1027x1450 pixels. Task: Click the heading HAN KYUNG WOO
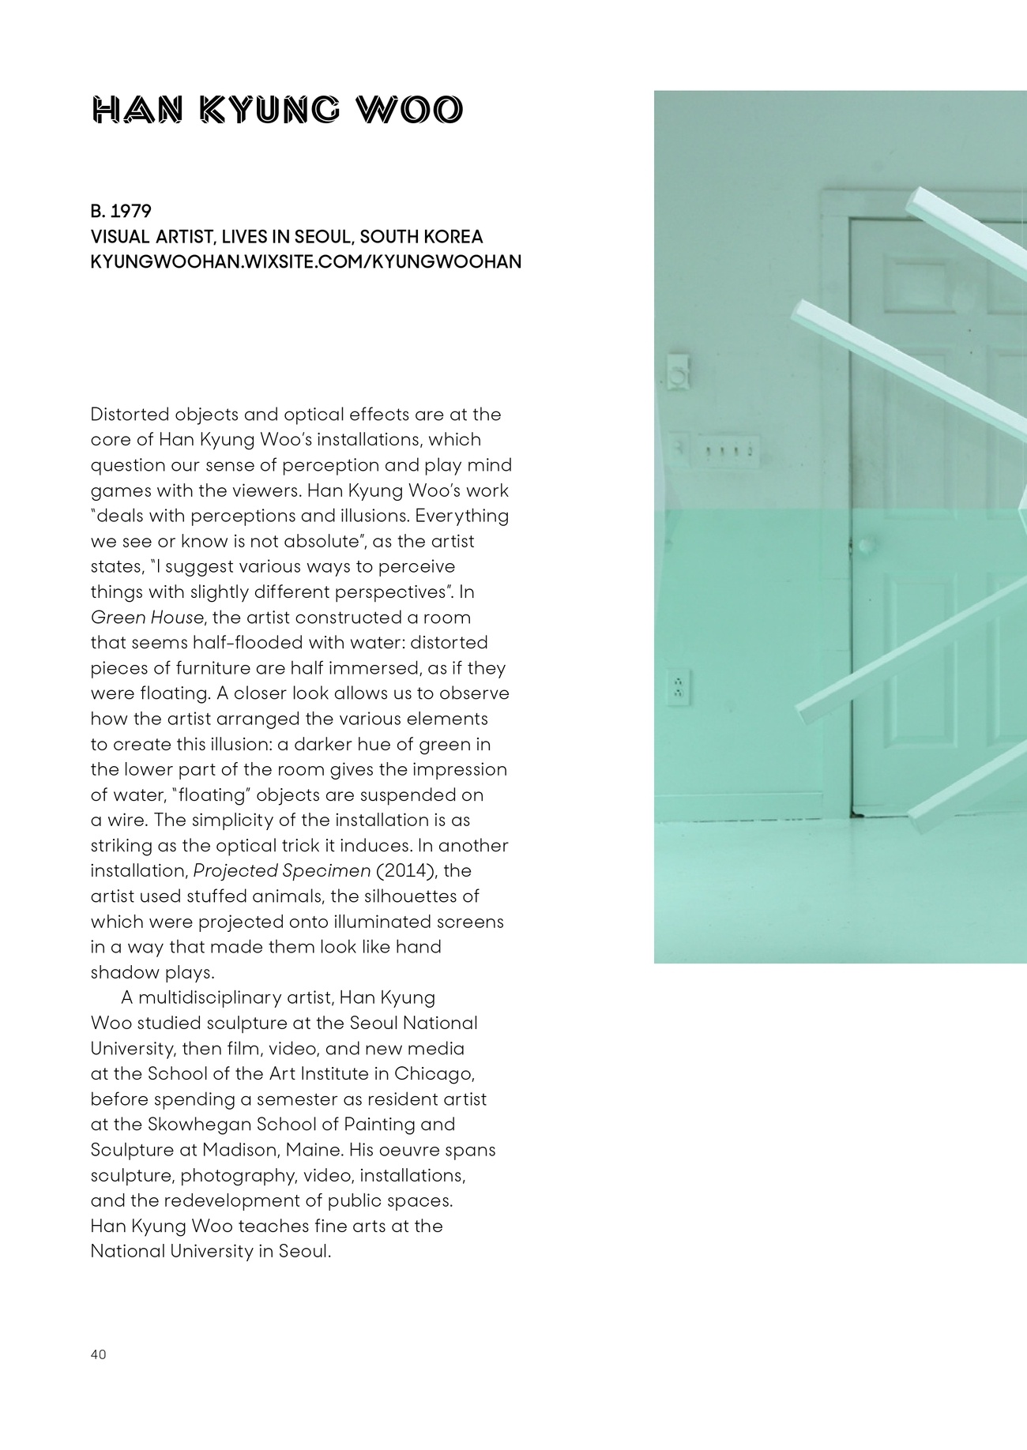point(276,111)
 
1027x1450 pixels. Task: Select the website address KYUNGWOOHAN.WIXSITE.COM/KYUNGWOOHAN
point(306,261)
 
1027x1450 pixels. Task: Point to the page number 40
point(98,1354)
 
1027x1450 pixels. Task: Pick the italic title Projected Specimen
point(282,870)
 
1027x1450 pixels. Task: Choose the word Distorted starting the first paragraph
point(130,415)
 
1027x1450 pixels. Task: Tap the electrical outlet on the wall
point(679,688)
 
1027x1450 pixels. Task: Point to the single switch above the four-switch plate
point(678,372)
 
